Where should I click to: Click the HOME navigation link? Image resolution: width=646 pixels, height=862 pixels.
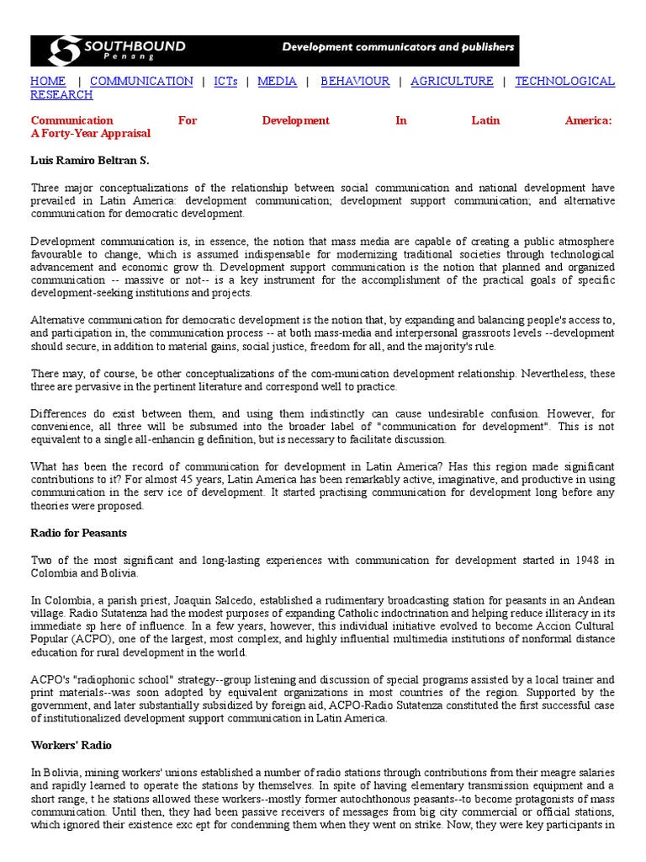click(x=48, y=82)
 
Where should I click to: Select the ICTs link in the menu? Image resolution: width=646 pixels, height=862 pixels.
click(x=226, y=82)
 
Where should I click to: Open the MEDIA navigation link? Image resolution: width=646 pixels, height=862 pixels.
click(x=277, y=82)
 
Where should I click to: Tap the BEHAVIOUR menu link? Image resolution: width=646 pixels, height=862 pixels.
click(x=355, y=82)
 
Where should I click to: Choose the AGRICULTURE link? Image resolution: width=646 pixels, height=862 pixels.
click(x=452, y=82)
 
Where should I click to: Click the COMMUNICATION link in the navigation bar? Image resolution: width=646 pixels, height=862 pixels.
click(x=141, y=82)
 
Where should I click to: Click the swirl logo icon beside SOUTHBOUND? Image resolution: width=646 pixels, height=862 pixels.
click(x=64, y=51)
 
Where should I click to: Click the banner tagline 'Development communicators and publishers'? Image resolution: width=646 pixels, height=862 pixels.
click(x=397, y=47)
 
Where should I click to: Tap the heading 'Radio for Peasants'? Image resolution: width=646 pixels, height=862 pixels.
click(x=78, y=534)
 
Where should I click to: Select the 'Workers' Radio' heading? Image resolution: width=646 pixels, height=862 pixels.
click(x=71, y=746)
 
